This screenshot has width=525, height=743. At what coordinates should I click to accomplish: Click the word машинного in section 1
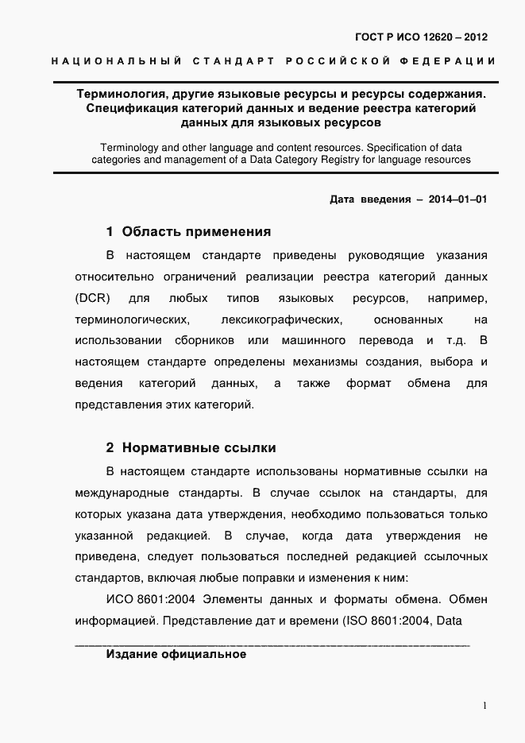coord(313,340)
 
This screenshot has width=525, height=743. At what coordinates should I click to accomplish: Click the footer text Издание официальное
coord(176,655)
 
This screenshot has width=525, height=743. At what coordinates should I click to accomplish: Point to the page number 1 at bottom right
coord(484,706)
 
